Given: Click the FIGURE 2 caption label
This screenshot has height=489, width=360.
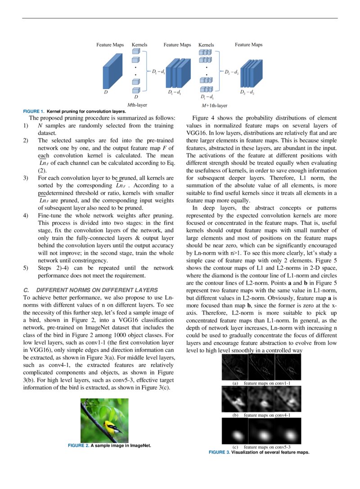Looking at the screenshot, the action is click(78, 445).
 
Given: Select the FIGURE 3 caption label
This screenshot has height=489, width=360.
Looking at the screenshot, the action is click(219, 452).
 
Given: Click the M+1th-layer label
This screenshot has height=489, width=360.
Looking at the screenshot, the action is click(215, 105).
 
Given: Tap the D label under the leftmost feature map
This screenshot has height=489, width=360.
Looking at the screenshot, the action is click(106, 92).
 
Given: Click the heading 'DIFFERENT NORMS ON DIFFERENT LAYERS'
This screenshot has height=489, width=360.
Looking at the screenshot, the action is click(97, 290).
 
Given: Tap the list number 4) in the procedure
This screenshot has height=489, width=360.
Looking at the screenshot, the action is click(26, 215).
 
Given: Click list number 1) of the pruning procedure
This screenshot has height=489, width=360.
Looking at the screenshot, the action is click(26, 126).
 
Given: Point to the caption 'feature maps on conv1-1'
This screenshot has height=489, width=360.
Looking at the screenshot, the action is click(267, 383).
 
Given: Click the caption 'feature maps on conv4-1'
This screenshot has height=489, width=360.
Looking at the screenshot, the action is click(267, 415).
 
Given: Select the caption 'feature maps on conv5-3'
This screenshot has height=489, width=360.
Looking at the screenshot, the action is click(267, 447).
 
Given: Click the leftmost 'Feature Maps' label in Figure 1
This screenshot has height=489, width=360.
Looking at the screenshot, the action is click(110, 45).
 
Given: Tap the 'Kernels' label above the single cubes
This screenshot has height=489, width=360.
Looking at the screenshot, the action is click(139, 45).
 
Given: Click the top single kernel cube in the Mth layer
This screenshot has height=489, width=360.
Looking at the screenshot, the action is click(136, 51).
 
